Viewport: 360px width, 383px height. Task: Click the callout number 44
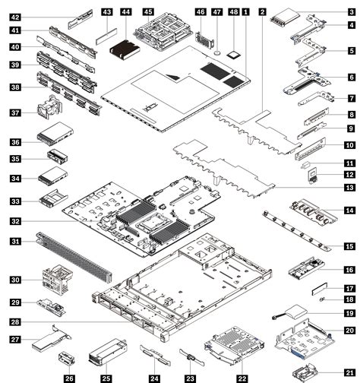[x=125, y=12]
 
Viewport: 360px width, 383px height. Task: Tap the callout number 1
[x=245, y=12]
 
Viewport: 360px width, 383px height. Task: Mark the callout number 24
[x=153, y=375]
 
